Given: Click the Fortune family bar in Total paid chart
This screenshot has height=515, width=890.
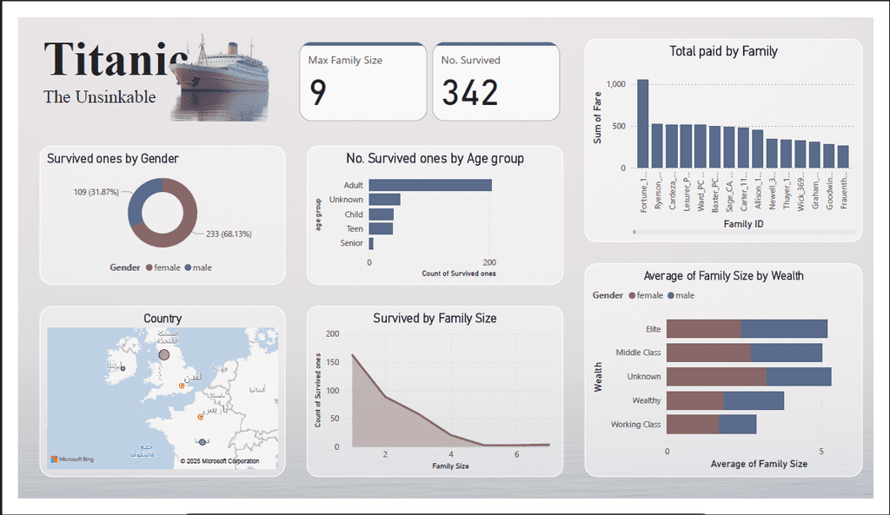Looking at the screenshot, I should [642, 124].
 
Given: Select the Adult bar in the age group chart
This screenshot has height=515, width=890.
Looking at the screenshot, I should [429, 185].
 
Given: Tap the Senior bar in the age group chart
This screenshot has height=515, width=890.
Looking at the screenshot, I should [371, 243].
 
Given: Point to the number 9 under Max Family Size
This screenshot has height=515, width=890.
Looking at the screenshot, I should [318, 93].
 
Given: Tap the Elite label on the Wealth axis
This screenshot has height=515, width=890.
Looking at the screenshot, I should [653, 329].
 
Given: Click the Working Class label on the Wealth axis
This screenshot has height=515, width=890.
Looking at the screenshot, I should [636, 425].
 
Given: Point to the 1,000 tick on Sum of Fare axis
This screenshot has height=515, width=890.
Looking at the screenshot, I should [616, 84].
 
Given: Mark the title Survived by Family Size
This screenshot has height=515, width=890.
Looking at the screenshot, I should [435, 319].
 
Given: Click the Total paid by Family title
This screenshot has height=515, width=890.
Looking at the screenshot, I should [723, 51].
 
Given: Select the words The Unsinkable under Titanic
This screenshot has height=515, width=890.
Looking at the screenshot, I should [100, 97].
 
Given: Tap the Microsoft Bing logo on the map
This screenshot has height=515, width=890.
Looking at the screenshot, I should [71, 459].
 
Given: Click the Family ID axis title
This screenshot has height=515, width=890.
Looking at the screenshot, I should [743, 225].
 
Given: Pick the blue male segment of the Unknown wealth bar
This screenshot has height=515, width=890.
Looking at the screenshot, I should [799, 377].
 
